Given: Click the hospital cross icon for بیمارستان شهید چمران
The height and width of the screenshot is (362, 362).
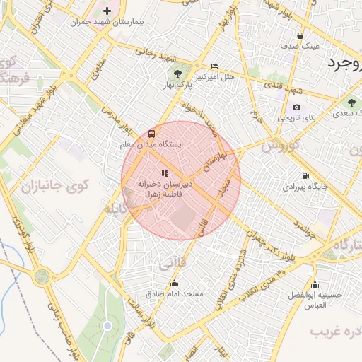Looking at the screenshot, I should click(107, 11).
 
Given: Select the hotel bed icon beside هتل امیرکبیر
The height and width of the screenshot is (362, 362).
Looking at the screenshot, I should click(215, 65).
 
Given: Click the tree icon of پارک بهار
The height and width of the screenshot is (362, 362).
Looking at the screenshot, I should click(177, 73).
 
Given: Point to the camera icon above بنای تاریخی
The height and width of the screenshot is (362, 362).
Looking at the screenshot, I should click(296, 107).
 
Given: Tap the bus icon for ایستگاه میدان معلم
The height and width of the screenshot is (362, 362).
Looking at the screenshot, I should click(152, 133).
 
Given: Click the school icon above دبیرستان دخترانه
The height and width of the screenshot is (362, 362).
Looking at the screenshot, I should click(165, 173).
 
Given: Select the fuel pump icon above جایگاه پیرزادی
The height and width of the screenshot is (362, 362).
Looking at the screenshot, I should click(305, 175).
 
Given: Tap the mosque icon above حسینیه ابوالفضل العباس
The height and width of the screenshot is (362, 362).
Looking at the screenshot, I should click(294, 284).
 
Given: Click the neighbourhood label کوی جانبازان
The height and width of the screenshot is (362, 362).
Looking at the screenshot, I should click(54, 187).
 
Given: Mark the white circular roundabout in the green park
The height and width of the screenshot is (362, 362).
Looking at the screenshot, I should click(107, 326).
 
